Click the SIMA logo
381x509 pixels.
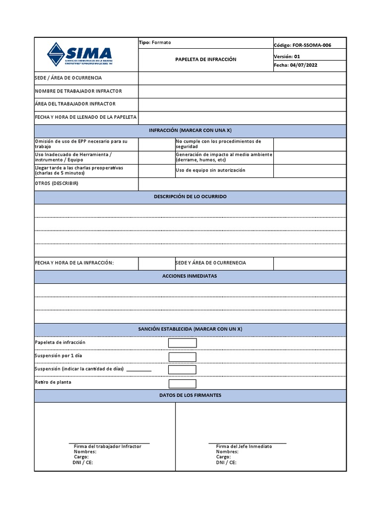pyautogui.click(x=79, y=54)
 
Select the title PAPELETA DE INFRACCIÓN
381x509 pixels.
pyautogui.click(x=206, y=59)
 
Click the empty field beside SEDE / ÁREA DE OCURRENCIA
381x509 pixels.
pyautogui.click(x=242, y=78)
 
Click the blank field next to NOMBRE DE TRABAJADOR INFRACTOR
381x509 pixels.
pyautogui.click(x=242, y=91)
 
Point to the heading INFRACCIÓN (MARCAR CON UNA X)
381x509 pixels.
pyautogui.click(x=190, y=130)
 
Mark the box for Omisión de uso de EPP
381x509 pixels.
pyautogui.click(x=156, y=144)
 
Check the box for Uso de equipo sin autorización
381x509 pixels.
pyautogui.click(x=310, y=170)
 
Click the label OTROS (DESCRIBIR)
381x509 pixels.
pyautogui.click(x=57, y=183)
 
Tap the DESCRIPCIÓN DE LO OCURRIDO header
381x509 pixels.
pyautogui.click(x=190, y=197)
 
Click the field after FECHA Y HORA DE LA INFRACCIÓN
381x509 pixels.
pyautogui.click(x=156, y=263)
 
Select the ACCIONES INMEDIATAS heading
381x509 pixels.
pyautogui.click(x=190, y=276)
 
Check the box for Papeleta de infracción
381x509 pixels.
pyautogui.click(x=182, y=343)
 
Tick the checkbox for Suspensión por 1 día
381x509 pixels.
pyautogui.click(x=182, y=357)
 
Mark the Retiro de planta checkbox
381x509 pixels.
pyautogui.click(x=182, y=384)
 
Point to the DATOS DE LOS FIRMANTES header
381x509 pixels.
pyautogui.click(x=190, y=395)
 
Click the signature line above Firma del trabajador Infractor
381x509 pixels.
pyautogui.click(x=109, y=442)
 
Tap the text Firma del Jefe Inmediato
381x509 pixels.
pyautogui.click(x=244, y=446)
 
